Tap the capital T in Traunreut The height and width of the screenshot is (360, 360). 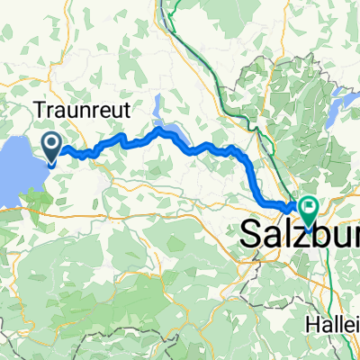(40, 110)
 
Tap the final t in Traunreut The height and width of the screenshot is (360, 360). (130, 111)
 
